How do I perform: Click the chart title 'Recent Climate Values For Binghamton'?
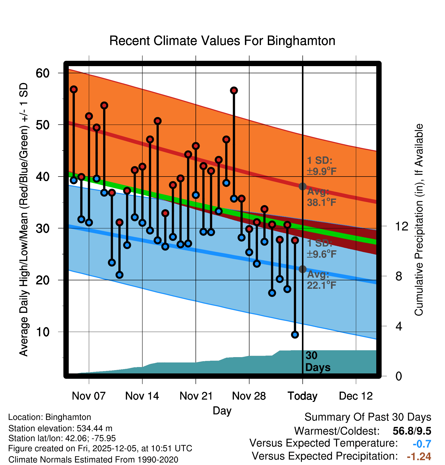pos(222,41)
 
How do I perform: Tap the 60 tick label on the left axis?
pos(43,73)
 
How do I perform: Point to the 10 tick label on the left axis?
pos(43,332)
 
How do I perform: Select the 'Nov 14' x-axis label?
pos(142,396)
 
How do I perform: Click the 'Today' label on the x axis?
pos(302,396)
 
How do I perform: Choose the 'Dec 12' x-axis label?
pos(356,396)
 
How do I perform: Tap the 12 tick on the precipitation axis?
pos(401,226)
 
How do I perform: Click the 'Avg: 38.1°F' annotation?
pos(321,197)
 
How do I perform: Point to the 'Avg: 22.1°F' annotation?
pos(321,280)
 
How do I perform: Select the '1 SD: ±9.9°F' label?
pos(321,166)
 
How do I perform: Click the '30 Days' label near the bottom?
pos(317,361)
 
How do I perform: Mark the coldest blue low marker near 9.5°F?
pos(295,335)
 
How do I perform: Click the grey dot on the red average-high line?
pos(302,186)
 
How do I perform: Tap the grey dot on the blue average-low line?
pos(302,269)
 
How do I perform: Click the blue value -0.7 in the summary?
pos(422,444)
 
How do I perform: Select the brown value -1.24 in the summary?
pos(419,457)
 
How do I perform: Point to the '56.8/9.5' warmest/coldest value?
pos(412,431)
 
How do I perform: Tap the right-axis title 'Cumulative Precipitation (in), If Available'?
pos(419,220)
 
